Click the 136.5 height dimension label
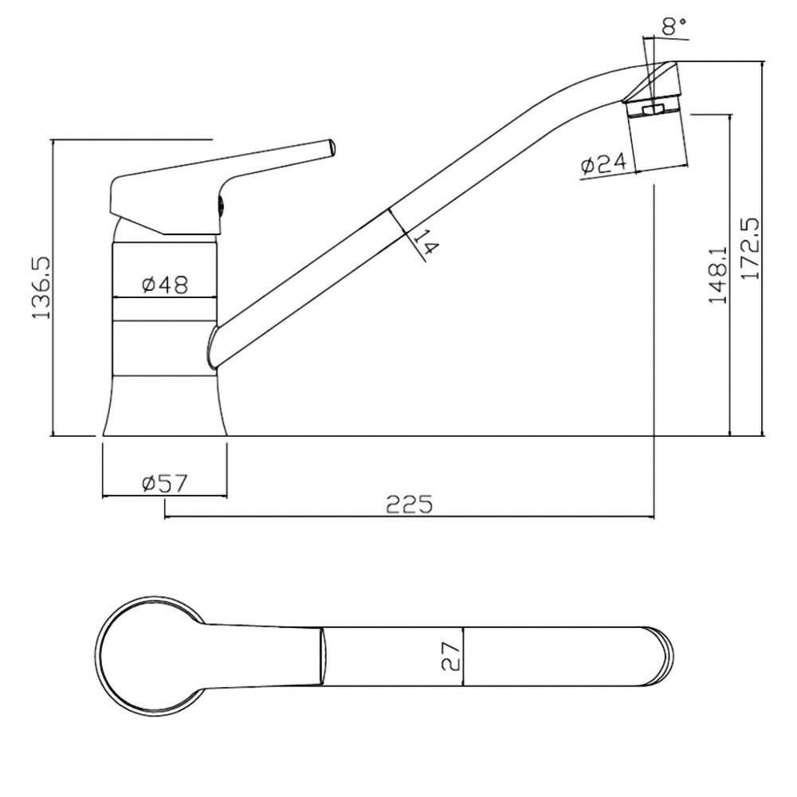pos(41,288)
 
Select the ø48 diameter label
pos(165,285)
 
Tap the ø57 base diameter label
pos(165,484)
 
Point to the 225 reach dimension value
pos(409,505)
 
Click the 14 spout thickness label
pos(426,242)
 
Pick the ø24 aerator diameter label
pos(604,164)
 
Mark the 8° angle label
pos(674,26)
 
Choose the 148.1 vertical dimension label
pos(718,276)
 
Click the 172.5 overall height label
pos(750,249)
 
